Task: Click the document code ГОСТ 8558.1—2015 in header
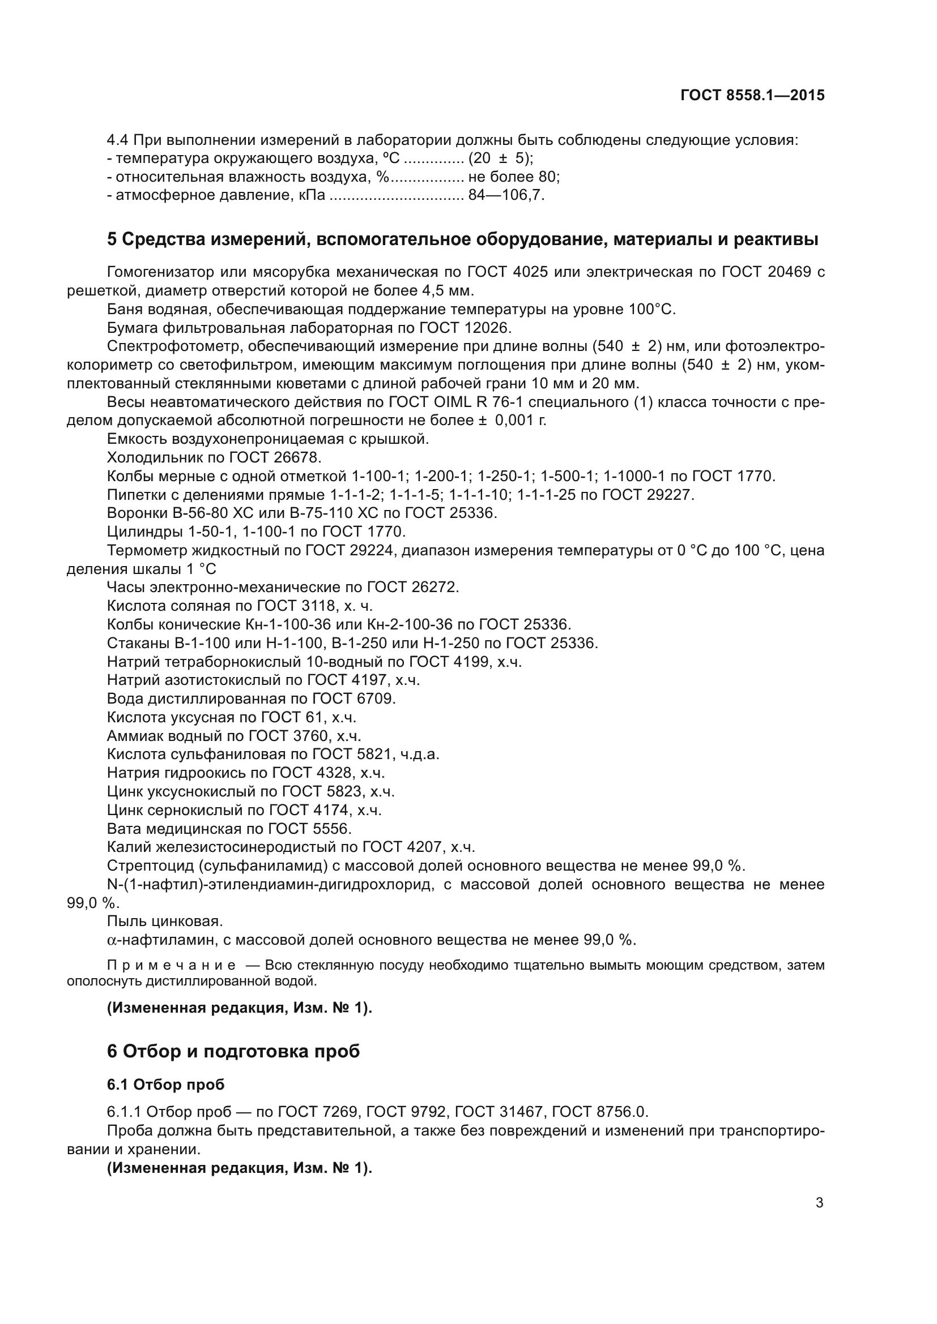pos(752,96)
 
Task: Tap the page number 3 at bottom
pos(819,1203)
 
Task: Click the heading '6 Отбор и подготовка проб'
pos(233,1051)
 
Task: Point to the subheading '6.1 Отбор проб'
pos(165,1085)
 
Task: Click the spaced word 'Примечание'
pos(171,966)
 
